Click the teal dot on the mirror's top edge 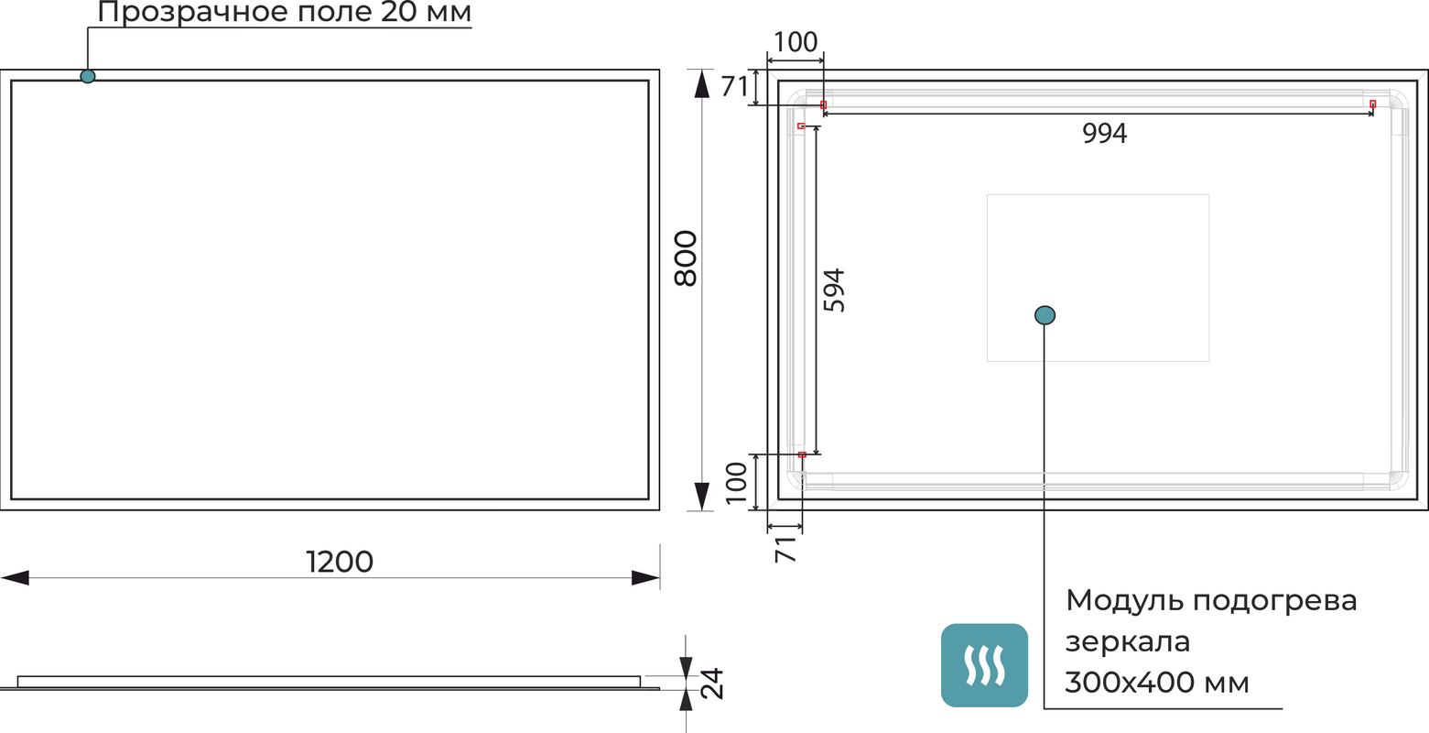coord(87,76)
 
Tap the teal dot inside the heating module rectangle coord(1045,315)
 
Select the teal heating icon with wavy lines coord(984,664)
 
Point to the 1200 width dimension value coord(340,562)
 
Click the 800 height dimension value coord(686,258)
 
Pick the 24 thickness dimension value coord(712,684)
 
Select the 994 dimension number coord(1104,133)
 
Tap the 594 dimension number coord(834,290)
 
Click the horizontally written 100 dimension coord(795,42)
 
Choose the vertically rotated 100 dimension coord(736,483)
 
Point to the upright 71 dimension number coord(734,86)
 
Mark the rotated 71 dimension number coord(786,550)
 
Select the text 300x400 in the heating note coord(1130,682)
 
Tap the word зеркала coord(1127,641)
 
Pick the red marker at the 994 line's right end coord(1373,104)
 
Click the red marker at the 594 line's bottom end coord(802,454)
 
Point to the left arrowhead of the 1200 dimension coord(15,578)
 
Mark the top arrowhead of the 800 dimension coord(702,83)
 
